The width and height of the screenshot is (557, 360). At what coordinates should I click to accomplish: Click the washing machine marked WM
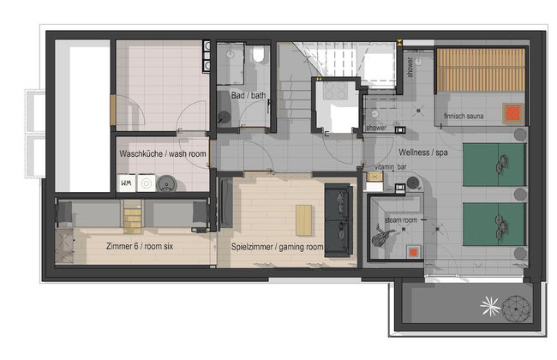click(x=127, y=183)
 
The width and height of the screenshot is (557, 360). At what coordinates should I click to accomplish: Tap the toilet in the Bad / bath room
click(x=259, y=54)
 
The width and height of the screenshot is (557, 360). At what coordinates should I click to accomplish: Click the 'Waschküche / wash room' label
click(x=163, y=154)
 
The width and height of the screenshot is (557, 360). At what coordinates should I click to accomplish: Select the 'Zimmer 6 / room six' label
click(x=140, y=246)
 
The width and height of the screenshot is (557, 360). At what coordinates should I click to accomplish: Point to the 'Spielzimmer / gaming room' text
click(x=277, y=247)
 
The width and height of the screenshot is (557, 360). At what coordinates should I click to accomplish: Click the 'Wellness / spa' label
click(x=422, y=153)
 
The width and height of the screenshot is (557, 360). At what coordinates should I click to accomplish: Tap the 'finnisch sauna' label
click(x=464, y=116)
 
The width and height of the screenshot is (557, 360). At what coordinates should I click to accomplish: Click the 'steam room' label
click(x=401, y=220)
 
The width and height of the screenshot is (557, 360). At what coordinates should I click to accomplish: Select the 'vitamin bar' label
click(x=391, y=166)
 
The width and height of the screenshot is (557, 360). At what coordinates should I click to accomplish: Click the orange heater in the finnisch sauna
click(x=512, y=113)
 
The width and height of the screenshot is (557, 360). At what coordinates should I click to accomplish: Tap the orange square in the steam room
click(x=413, y=252)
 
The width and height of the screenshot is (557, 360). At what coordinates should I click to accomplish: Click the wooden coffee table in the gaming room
click(x=303, y=220)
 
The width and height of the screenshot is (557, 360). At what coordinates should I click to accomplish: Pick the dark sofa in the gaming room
click(x=338, y=220)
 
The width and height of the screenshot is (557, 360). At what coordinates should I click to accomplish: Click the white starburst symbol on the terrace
click(x=490, y=306)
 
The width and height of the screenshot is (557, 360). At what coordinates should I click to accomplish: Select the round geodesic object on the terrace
click(x=517, y=309)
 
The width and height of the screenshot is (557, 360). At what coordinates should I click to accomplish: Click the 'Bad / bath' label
click(x=249, y=95)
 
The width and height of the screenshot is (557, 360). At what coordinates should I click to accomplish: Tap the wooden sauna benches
click(x=481, y=70)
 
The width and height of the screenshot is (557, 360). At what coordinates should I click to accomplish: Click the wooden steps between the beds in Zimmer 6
click(x=133, y=216)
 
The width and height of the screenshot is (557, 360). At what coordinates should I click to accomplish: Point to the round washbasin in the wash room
click(x=166, y=183)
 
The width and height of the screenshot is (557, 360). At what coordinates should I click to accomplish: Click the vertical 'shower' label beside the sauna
click(x=410, y=67)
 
